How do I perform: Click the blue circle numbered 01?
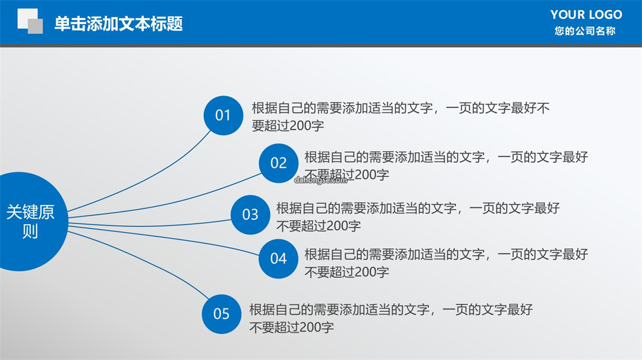(x=223, y=115)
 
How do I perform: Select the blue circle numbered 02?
(x=278, y=163)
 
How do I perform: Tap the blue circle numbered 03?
(x=250, y=215)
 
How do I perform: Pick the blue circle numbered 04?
(x=278, y=259)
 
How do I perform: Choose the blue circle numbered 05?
(x=222, y=314)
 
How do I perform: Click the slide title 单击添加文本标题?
(x=118, y=23)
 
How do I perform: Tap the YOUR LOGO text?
(x=586, y=15)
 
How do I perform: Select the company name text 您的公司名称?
(x=585, y=31)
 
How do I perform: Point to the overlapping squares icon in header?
(x=30, y=21)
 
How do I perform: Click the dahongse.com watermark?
(x=320, y=180)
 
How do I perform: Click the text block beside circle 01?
(x=401, y=116)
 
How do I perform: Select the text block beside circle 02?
(x=446, y=166)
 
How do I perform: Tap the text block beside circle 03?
(x=418, y=217)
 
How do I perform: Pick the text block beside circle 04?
(x=446, y=263)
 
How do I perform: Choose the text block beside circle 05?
(x=391, y=318)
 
